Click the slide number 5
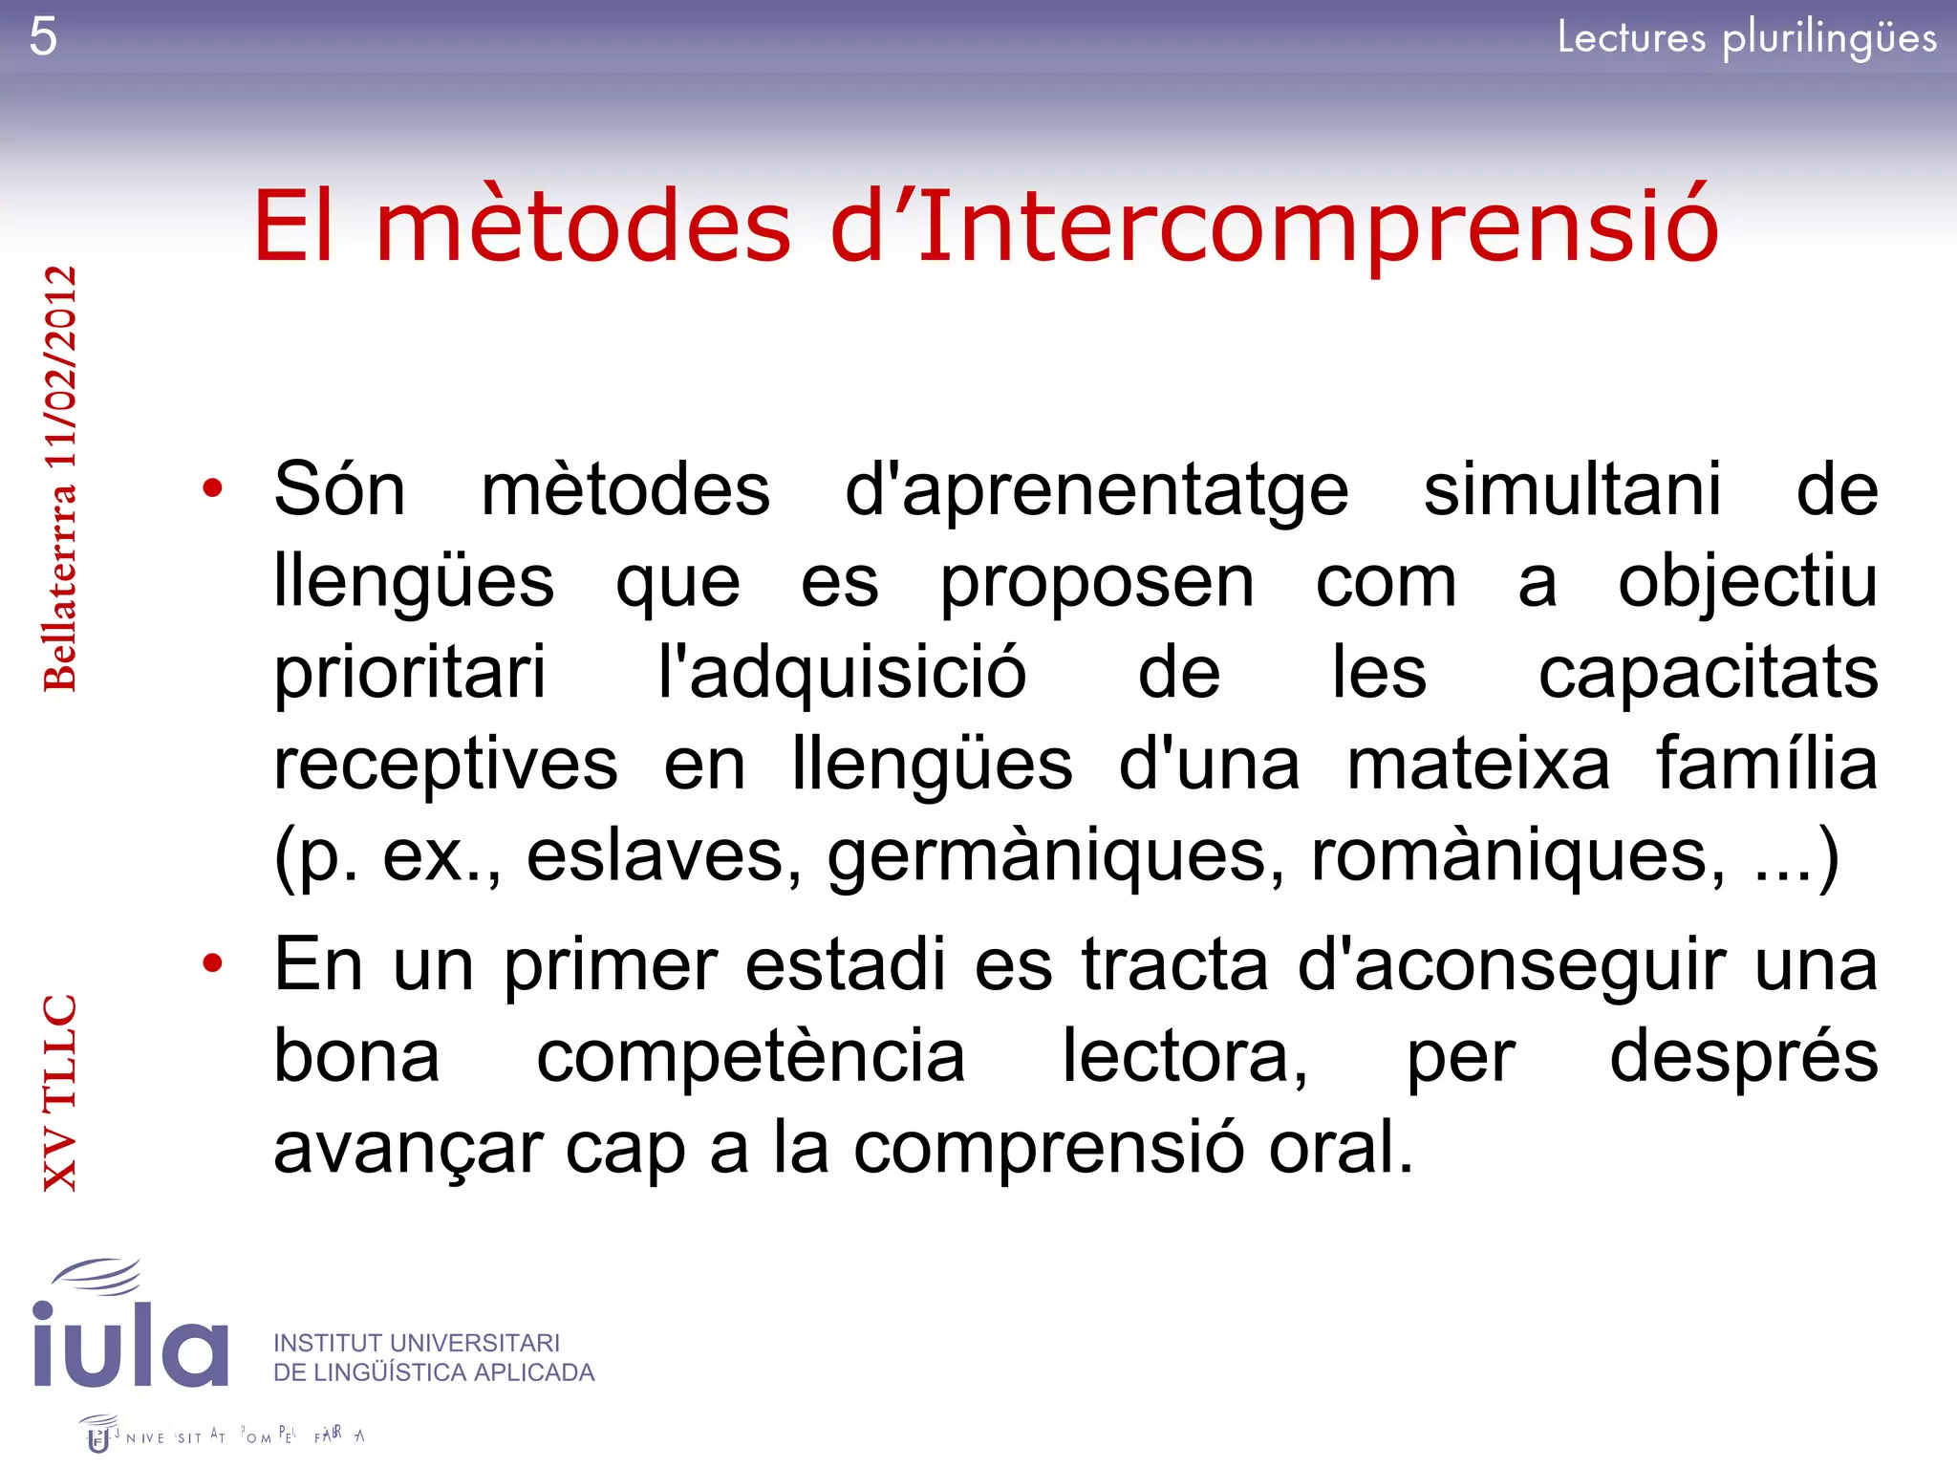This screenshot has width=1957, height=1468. click(43, 37)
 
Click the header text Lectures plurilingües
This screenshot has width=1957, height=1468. click(1747, 38)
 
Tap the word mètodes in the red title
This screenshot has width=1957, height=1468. click(584, 227)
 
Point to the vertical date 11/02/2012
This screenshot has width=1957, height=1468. click(60, 367)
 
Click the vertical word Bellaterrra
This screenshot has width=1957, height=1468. click(60, 587)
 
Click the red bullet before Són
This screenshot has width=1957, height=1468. click(212, 488)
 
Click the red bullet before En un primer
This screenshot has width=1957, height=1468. click(212, 962)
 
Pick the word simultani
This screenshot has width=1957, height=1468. click(1572, 489)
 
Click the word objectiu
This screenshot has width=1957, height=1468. click(1748, 582)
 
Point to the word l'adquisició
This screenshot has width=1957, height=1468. click(842, 673)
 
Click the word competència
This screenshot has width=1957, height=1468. click(750, 1056)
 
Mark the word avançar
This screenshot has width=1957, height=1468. click(408, 1149)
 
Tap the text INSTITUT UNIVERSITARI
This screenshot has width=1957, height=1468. click(417, 1343)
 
